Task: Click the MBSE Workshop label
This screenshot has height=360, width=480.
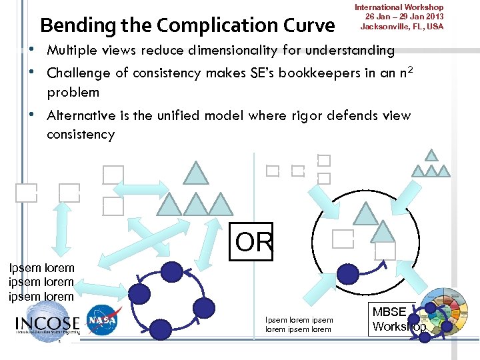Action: (398, 319)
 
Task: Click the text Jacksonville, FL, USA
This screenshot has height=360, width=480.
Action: (401, 27)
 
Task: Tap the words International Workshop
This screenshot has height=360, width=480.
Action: (399, 7)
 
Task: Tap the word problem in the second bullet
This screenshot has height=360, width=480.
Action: (73, 92)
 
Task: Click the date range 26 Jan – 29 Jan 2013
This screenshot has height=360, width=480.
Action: (401, 17)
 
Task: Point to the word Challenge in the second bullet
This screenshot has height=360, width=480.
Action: (79, 73)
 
